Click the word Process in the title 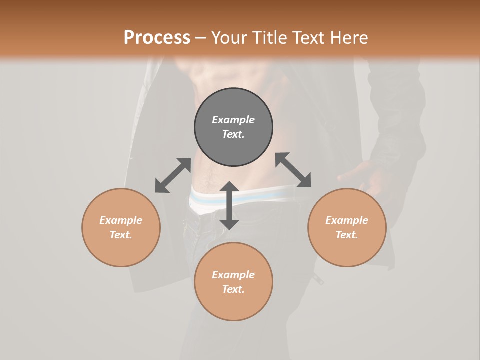(x=157, y=38)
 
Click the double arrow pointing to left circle (x=173, y=175)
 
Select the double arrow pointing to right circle (x=293, y=170)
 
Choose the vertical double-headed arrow (x=229, y=205)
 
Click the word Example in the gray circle (x=233, y=120)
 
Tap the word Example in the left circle (x=121, y=220)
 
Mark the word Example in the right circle (x=347, y=220)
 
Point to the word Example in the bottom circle (x=233, y=275)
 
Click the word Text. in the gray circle (x=233, y=134)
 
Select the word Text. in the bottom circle (x=233, y=289)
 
